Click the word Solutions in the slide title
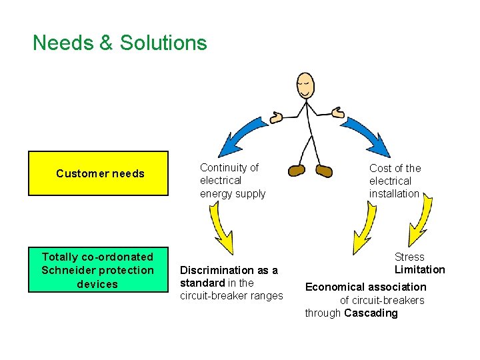(163, 43)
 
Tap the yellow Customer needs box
(98, 173)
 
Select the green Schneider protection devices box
(98, 270)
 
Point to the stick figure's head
(305, 85)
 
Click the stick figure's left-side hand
(276, 117)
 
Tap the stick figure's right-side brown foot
(324, 171)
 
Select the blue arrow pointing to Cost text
(368, 133)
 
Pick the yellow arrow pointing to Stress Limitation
(420, 223)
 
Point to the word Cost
(381, 168)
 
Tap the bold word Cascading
(371, 313)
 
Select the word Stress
(409, 257)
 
